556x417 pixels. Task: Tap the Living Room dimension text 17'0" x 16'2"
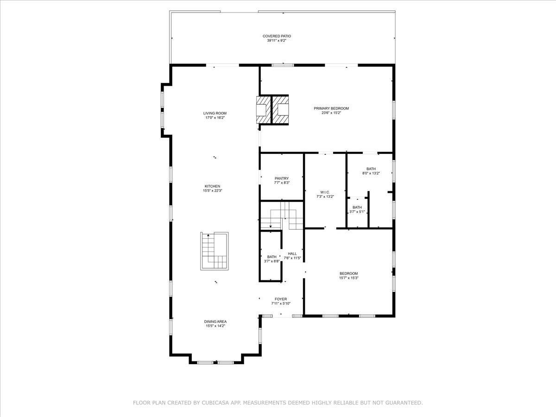coord(215,118)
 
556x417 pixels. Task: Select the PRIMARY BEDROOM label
coord(331,108)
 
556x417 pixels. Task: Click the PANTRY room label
coord(281,178)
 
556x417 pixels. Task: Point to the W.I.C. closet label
coord(325,192)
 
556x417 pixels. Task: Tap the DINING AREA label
coord(215,322)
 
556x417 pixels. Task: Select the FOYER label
coord(280,299)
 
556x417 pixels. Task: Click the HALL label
coord(292,253)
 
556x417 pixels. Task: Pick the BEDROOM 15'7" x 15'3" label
coord(348,273)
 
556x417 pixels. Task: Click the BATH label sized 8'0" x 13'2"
coord(371,169)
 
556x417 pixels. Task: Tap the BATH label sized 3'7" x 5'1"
coord(357,208)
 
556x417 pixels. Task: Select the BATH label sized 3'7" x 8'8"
coord(272,257)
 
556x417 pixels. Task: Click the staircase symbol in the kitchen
coord(215,251)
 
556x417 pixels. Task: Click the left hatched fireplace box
coord(262,109)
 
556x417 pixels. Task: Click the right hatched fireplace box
coord(281,109)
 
